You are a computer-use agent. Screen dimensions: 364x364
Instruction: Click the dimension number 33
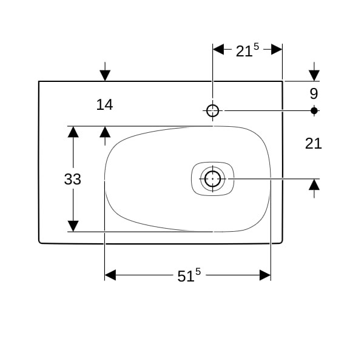[x=73, y=179]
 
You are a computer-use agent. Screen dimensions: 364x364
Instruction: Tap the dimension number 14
[x=104, y=105]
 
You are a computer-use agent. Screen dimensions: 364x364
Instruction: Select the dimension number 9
[x=314, y=94]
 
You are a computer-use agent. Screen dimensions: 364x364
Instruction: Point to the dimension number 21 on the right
[x=314, y=143]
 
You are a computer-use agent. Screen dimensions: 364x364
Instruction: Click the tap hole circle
[x=212, y=110]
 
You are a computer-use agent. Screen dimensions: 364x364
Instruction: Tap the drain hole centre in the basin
[x=212, y=179]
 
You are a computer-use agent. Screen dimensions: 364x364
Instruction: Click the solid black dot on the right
[x=314, y=111]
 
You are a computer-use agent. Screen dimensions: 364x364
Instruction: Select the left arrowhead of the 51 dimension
[x=110, y=275]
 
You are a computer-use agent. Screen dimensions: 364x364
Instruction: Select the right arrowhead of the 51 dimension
[x=265, y=275]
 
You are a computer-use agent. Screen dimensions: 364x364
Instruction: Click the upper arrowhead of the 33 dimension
[x=73, y=132]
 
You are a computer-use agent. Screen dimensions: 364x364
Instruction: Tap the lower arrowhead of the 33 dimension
[x=73, y=226]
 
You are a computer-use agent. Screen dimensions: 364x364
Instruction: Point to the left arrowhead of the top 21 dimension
[x=218, y=49]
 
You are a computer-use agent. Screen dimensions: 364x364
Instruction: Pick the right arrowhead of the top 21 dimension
[x=277, y=49]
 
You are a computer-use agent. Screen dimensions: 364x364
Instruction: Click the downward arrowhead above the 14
[x=105, y=75]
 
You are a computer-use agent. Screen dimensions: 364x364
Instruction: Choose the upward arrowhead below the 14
[x=105, y=132]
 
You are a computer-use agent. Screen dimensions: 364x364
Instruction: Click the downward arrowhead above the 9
[x=314, y=75]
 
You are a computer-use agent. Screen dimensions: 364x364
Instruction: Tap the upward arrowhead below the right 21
[x=314, y=184]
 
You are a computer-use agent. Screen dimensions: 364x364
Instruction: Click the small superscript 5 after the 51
[x=198, y=271]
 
